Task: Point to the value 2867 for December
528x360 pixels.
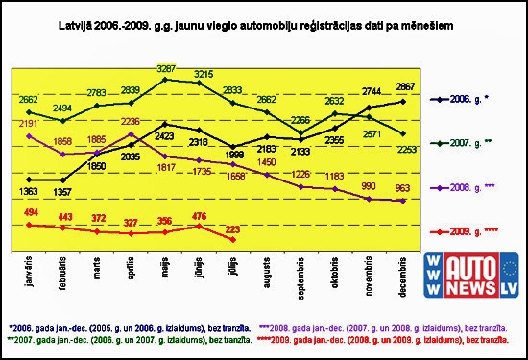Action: [x=401, y=87]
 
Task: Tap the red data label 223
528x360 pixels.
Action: [x=233, y=228]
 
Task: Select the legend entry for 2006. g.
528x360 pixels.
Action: [x=476, y=99]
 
